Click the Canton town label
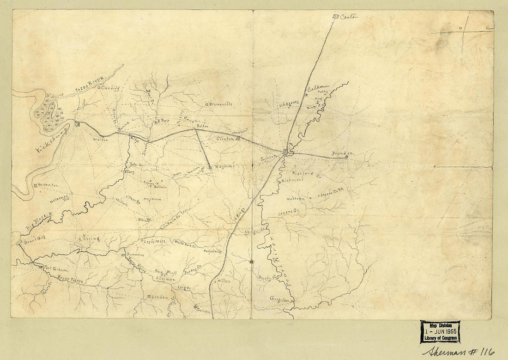click(x=349, y=17)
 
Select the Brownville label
click(x=221, y=104)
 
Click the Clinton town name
click(x=226, y=138)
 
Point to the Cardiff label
click(x=110, y=87)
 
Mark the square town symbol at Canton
click(x=336, y=17)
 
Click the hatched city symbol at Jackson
click(x=287, y=152)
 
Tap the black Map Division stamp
click(x=440, y=331)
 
